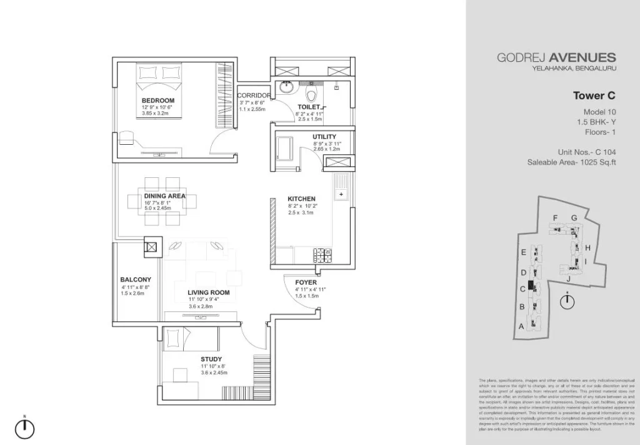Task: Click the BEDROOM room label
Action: (157, 100)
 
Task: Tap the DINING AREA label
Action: (165, 196)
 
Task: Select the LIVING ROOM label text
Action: (209, 292)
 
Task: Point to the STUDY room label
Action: (211, 359)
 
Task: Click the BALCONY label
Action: (136, 280)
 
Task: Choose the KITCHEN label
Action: (301, 199)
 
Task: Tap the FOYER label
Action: (306, 283)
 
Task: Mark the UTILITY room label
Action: (324, 137)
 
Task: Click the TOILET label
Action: (309, 107)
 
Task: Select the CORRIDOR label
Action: (254, 95)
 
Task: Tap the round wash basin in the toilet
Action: (287, 87)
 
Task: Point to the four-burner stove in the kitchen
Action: (322, 255)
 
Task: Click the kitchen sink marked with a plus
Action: (341, 194)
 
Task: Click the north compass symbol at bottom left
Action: (24, 428)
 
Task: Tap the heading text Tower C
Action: (594, 95)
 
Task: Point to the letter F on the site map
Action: (554, 217)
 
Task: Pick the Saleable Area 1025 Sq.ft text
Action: (571, 162)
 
